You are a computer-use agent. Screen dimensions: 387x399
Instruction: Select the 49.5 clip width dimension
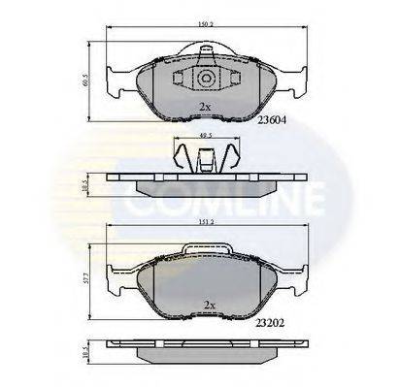(206, 136)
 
